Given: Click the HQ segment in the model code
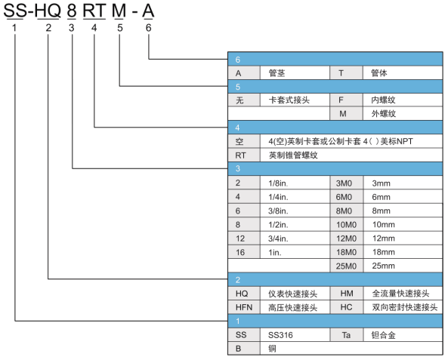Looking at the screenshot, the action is [48, 11].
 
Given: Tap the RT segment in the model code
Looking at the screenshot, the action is [94, 11].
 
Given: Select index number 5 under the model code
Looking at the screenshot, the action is [120, 28].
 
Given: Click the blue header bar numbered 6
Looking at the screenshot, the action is [335, 59].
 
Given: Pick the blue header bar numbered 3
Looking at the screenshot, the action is [335, 168].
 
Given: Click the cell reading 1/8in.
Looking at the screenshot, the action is [295, 183].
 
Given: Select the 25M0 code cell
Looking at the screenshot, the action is [346, 266].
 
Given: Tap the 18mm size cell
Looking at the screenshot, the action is [403, 252].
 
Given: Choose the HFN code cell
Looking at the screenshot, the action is [244, 307].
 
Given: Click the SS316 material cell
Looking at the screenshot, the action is [295, 335].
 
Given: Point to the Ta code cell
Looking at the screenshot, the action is [346, 335].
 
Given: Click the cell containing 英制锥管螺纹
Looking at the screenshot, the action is [351, 155].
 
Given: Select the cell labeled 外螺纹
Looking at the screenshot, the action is [403, 114].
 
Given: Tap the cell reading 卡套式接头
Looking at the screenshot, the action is [295, 100].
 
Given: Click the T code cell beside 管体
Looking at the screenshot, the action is [346, 73].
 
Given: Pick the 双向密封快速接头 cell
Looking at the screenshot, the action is [403, 307].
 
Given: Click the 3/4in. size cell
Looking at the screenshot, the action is [295, 238].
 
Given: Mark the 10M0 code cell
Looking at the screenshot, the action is [346, 225].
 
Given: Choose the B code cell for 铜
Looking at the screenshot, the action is [244, 349].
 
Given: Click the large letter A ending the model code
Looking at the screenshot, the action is [148, 11].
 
